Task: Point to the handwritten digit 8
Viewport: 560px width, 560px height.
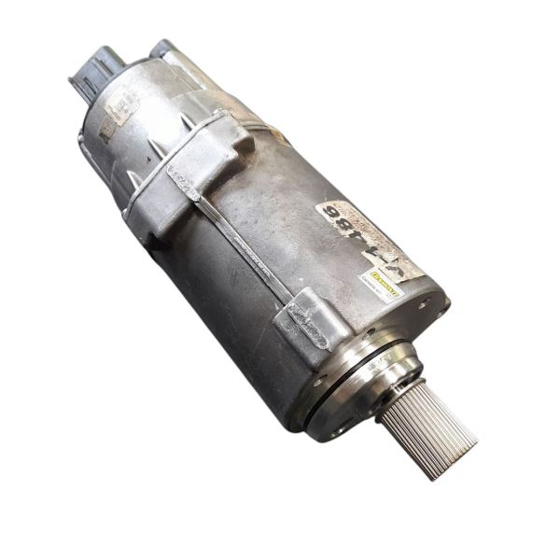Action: (347, 224)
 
